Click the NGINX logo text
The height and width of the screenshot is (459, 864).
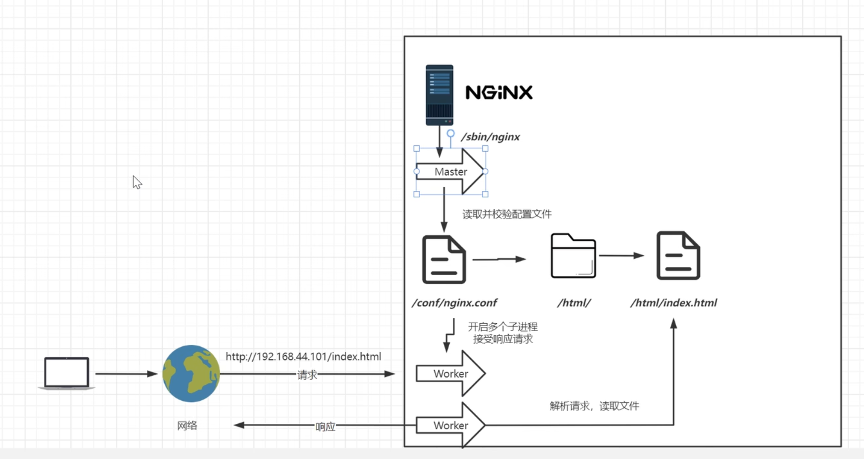point(499,92)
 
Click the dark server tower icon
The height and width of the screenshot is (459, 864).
point(439,95)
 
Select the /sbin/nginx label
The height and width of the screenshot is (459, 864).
point(490,137)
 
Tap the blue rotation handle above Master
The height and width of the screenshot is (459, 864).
point(451,133)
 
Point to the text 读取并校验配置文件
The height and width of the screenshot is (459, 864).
point(506,214)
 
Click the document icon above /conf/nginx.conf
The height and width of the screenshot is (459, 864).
point(444,260)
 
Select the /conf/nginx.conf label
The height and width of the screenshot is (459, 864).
point(454,303)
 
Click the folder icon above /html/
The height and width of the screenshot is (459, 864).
point(573,256)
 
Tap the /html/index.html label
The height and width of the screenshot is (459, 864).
point(674,303)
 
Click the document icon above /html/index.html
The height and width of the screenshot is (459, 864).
point(678,256)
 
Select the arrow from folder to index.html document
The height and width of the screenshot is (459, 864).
point(621,256)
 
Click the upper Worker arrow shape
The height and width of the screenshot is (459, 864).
point(450,374)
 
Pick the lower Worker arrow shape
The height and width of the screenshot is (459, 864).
point(450,425)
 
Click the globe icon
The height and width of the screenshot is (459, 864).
point(191,374)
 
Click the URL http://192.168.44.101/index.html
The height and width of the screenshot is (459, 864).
point(303,357)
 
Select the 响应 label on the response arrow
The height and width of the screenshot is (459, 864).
point(325,427)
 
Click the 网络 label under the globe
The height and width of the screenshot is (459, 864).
point(187,426)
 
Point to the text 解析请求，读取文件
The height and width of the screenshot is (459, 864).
point(594,406)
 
